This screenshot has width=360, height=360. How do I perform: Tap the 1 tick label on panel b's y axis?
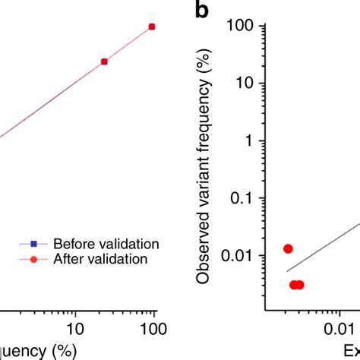250,141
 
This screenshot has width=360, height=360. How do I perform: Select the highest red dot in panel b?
288,248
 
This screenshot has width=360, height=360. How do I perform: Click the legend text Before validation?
110,244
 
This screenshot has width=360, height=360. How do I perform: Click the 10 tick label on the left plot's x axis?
74,328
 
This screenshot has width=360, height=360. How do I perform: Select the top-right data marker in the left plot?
152,27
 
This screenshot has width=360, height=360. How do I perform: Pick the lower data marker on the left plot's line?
104,62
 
